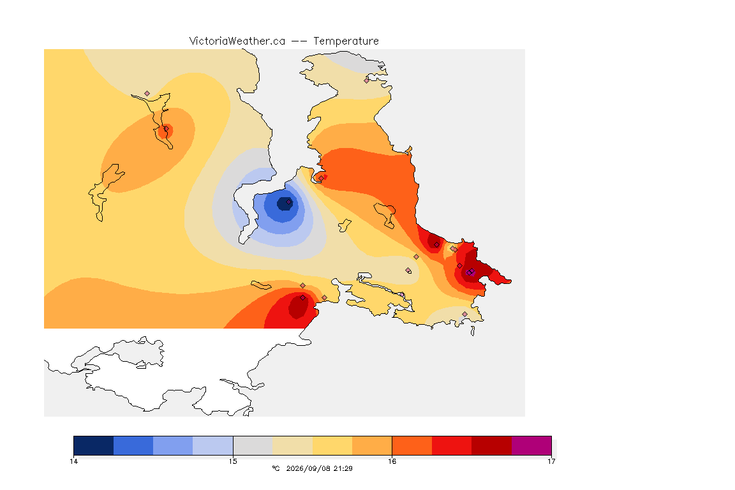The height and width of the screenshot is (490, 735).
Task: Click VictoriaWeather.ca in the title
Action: (x=237, y=41)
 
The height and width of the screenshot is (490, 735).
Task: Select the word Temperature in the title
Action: (x=346, y=41)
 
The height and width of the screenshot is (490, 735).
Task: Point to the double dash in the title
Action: (x=299, y=41)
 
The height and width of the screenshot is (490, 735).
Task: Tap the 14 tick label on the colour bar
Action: (x=73, y=461)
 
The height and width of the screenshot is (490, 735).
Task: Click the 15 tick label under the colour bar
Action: (x=233, y=461)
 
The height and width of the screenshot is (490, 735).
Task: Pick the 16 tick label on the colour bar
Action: (x=392, y=461)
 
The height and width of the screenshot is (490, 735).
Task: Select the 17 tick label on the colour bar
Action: (x=551, y=461)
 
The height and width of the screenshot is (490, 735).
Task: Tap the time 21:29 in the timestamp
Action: (x=343, y=468)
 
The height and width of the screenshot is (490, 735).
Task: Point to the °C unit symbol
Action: (x=276, y=468)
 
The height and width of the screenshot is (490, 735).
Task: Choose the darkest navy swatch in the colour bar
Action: (x=94, y=445)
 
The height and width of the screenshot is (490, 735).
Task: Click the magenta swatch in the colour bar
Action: (x=531, y=445)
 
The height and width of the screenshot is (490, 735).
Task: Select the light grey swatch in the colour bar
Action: (x=253, y=445)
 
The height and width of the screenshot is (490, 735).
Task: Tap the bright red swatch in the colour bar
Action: (x=452, y=445)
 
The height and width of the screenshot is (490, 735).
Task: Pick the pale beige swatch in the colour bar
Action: (x=292, y=445)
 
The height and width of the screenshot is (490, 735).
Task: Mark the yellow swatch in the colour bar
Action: (x=332, y=445)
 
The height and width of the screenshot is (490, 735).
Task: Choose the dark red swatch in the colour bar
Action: (x=492, y=445)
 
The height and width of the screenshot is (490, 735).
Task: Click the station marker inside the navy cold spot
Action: (x=289, y=202)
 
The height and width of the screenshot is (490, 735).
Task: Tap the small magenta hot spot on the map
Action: (x=471, y=272)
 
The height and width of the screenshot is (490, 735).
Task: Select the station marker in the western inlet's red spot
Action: (x=166, y=129)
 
